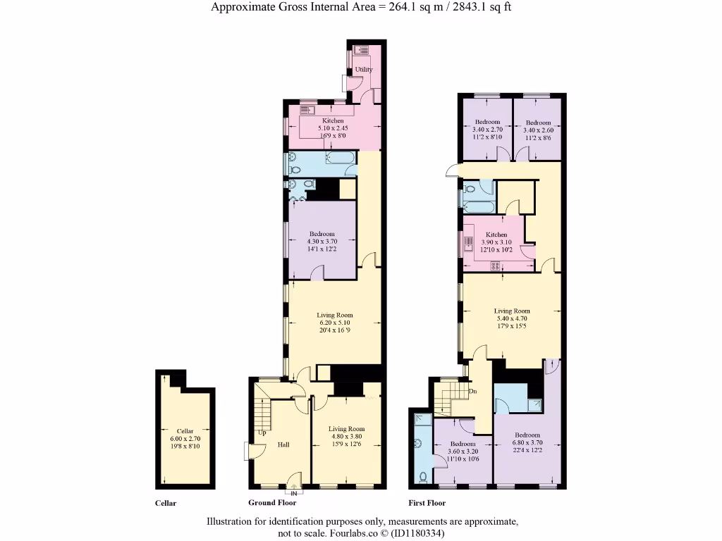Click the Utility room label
[364, 70]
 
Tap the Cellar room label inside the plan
[185, 431]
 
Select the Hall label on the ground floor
[283, 444]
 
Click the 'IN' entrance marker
[294, 493]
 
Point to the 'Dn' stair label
[473, 391]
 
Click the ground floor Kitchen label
[333, 121]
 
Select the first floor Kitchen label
[496, 235]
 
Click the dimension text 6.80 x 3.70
[527, 443]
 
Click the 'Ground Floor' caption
[272, 503]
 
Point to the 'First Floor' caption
[427, 503]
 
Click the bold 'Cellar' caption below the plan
[165, 503]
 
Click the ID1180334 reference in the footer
[419, 534]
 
